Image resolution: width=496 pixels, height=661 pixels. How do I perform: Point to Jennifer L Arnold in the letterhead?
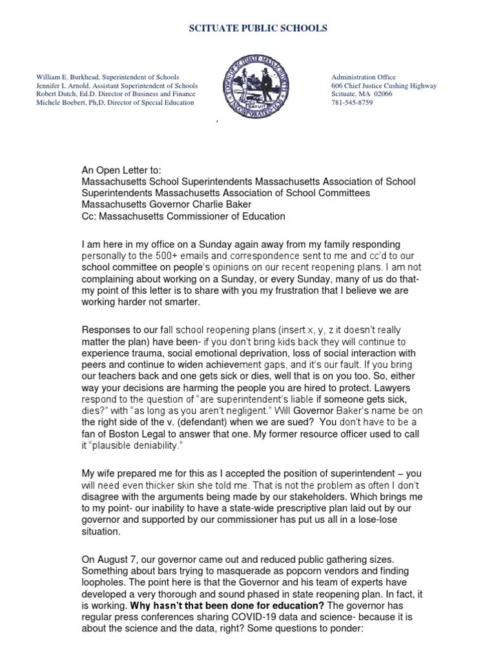[x=61, y=86]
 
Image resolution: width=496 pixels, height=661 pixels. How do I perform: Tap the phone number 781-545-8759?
[x=352, y=103]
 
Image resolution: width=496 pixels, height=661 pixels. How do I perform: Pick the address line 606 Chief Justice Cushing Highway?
[x=384, y=86]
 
